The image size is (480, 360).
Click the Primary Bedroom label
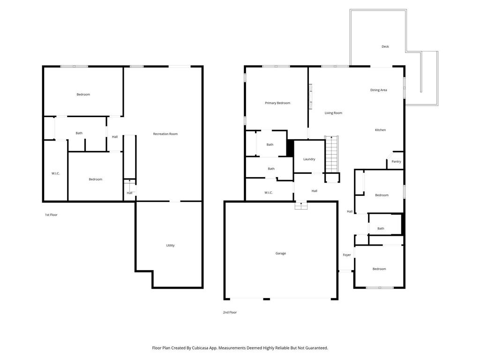277,103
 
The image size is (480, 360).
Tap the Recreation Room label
165,134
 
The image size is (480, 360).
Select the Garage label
280,254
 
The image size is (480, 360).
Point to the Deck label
385,47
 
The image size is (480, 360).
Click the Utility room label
170,246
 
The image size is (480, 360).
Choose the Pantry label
396,162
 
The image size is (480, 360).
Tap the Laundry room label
309,159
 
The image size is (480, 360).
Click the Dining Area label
378,90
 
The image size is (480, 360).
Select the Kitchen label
380,130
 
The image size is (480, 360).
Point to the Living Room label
333,113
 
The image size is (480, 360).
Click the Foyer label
346,255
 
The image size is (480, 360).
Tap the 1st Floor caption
51,215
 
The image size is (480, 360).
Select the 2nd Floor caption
230,312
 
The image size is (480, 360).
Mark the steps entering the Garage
300,205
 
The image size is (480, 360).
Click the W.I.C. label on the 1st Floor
55,173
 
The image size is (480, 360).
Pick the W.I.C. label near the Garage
268,193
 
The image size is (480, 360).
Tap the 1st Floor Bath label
79,133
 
